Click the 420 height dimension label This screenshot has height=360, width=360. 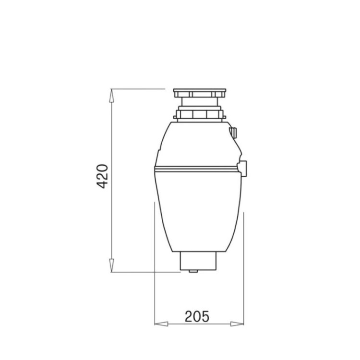(x=102, y=176)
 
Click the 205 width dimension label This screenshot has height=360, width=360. (x=197, y=316)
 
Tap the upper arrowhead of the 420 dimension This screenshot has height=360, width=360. (x=111, y=96)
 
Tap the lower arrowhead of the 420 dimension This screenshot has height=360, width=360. (x=111, y=265)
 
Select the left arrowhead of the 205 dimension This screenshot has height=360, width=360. (x=161, y=324)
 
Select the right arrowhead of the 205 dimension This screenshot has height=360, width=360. (x=237, y=324)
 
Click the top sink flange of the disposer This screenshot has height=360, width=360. (x=200, y=93)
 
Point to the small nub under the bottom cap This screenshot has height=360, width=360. (x=193, y=271)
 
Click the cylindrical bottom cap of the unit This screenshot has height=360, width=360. (x=198, y=261)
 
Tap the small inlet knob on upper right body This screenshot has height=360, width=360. (x=233, y=132)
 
